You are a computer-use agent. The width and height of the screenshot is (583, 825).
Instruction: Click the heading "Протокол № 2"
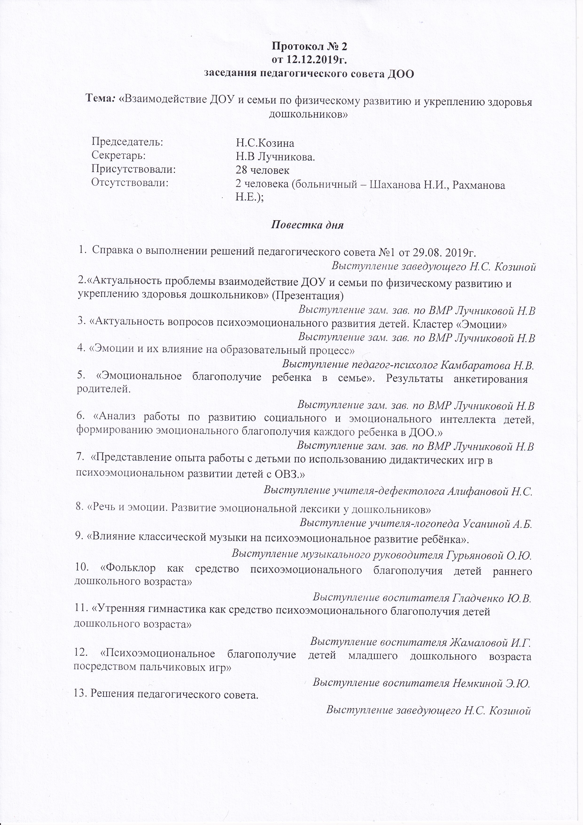click(x=309, y=47)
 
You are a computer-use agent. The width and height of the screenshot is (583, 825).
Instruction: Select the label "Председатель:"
click(x=127, y=142)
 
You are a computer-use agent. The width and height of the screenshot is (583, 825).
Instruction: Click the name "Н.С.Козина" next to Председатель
click(x=265, y=143)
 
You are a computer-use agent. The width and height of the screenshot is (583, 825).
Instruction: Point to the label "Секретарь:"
click(x=119, y=155)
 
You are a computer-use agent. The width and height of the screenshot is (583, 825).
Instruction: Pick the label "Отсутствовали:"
click(x=130, y=183)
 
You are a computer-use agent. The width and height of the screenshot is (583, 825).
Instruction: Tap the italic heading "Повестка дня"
click(x=307, y=226)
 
